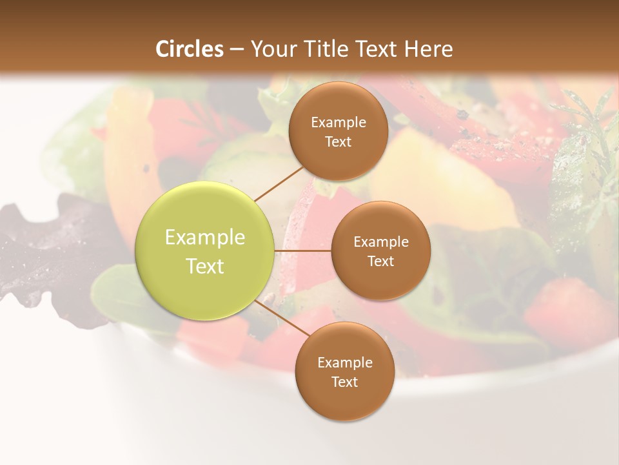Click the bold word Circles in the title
coord(189,49)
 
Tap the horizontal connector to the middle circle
coord(302,251)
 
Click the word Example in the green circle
coord(205,238)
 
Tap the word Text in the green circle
coord(205,266)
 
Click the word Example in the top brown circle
coord(339,123)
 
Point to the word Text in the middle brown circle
coord(380,261)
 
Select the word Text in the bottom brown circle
coord(344,382)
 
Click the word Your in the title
coord(271,49)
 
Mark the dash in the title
coord(237,50)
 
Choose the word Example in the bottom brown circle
coord(345,363)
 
